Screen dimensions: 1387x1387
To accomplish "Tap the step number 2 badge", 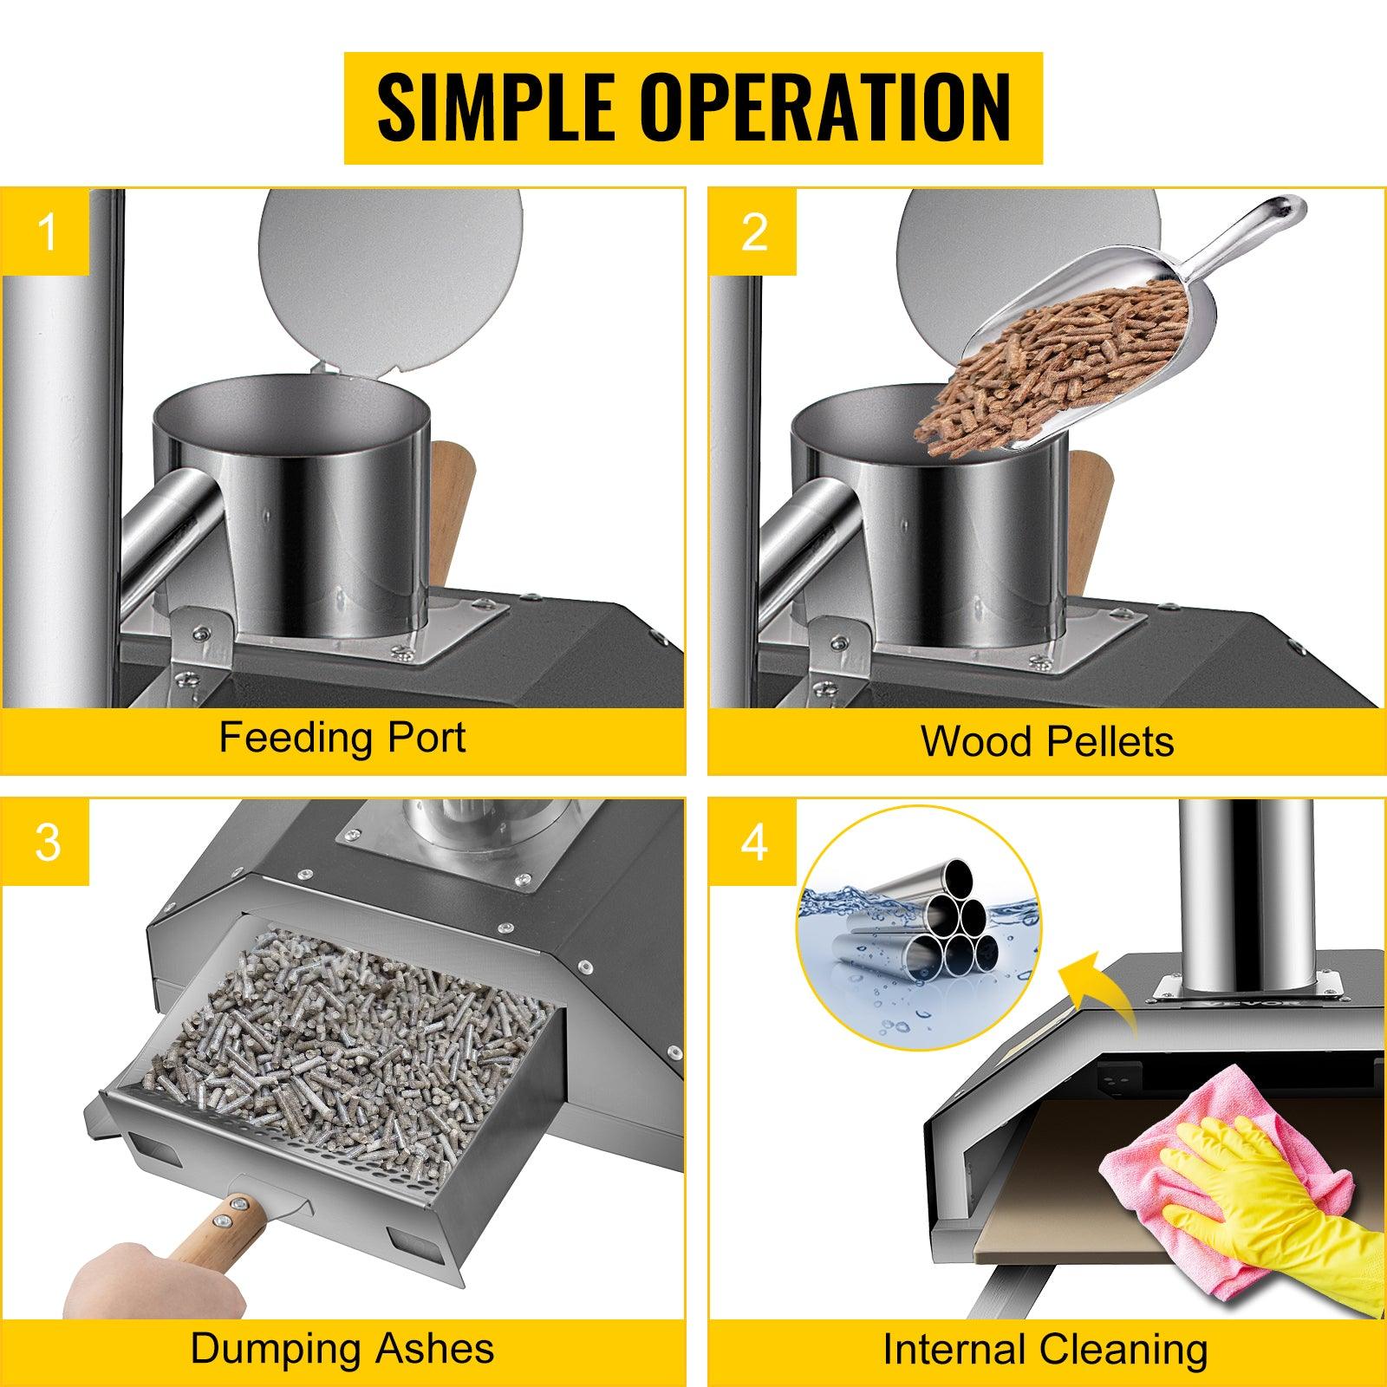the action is [753, 231].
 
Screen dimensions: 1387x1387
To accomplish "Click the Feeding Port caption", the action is [342, 739].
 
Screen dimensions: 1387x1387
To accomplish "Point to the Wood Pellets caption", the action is [1047, 741].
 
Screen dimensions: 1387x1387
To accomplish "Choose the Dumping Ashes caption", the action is [342, 1350].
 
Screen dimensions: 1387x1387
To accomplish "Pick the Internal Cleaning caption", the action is [1045, 1350].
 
